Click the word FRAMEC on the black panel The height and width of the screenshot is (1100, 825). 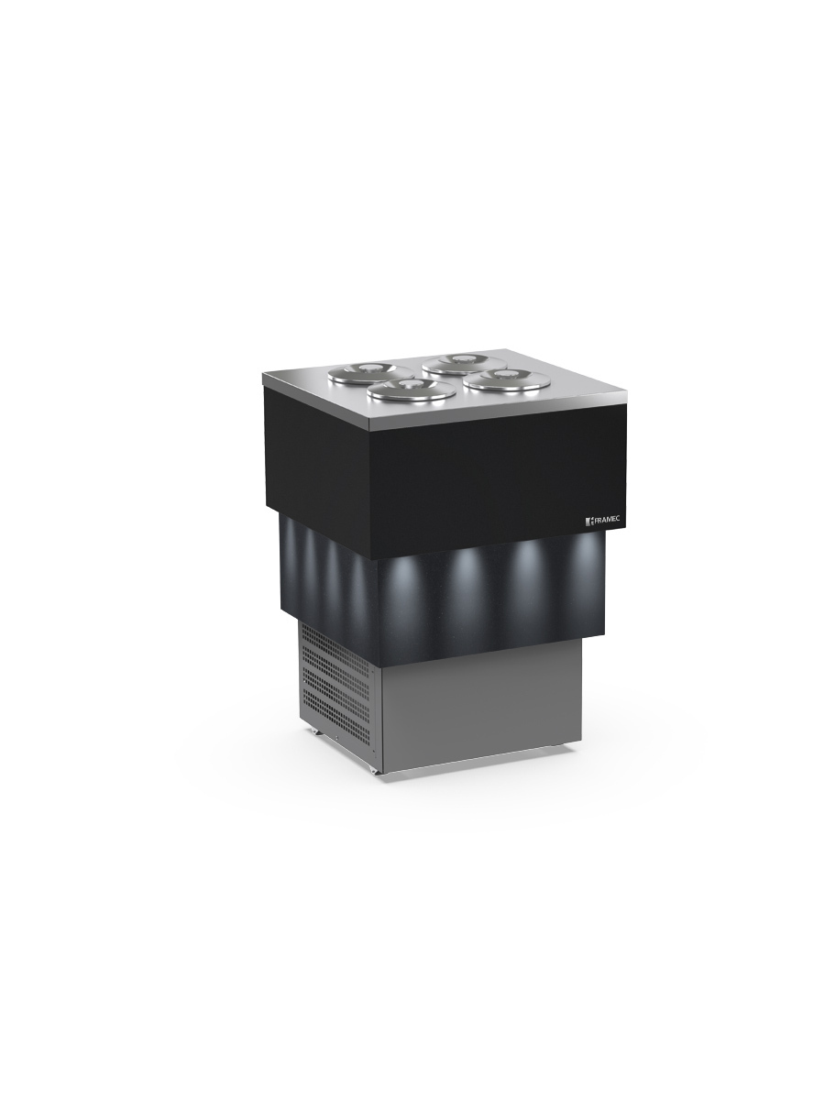pyautogui.click(x=607, y=520)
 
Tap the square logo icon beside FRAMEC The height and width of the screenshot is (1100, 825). pyautogui.click(x=588, y=522)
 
